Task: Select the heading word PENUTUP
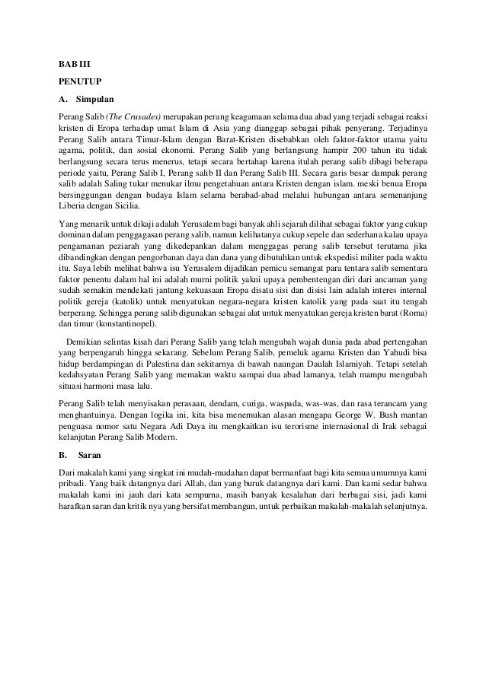tap(80, 80)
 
